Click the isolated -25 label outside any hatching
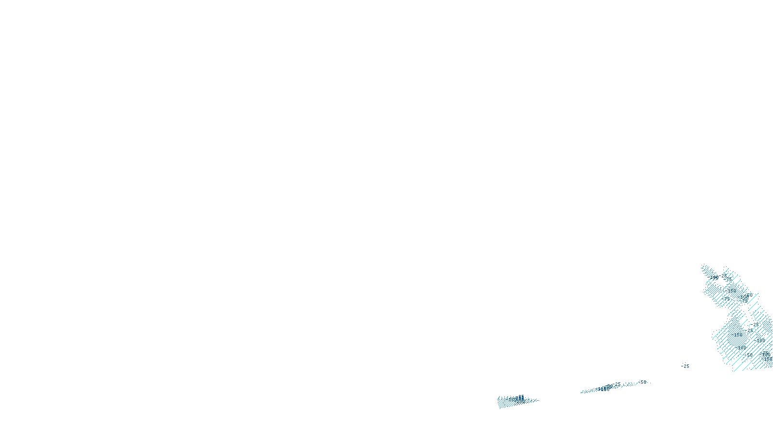click(x=685, y=366)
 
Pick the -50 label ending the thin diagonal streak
click(x=642, y=382)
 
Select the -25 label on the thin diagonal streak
click(x=617, y=384)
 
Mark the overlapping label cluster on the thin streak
click(x=606, y=388)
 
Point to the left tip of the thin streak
click(x=581, y=393)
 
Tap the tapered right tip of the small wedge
click(x=537, y=400)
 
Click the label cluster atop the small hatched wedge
click(x=519, y=398)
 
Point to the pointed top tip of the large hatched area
click(x=702, y=265)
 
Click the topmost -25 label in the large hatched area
click(x=723, y=275)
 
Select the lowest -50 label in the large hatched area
click(x=748, y=355)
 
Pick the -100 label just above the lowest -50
click(x=742, y=348)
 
